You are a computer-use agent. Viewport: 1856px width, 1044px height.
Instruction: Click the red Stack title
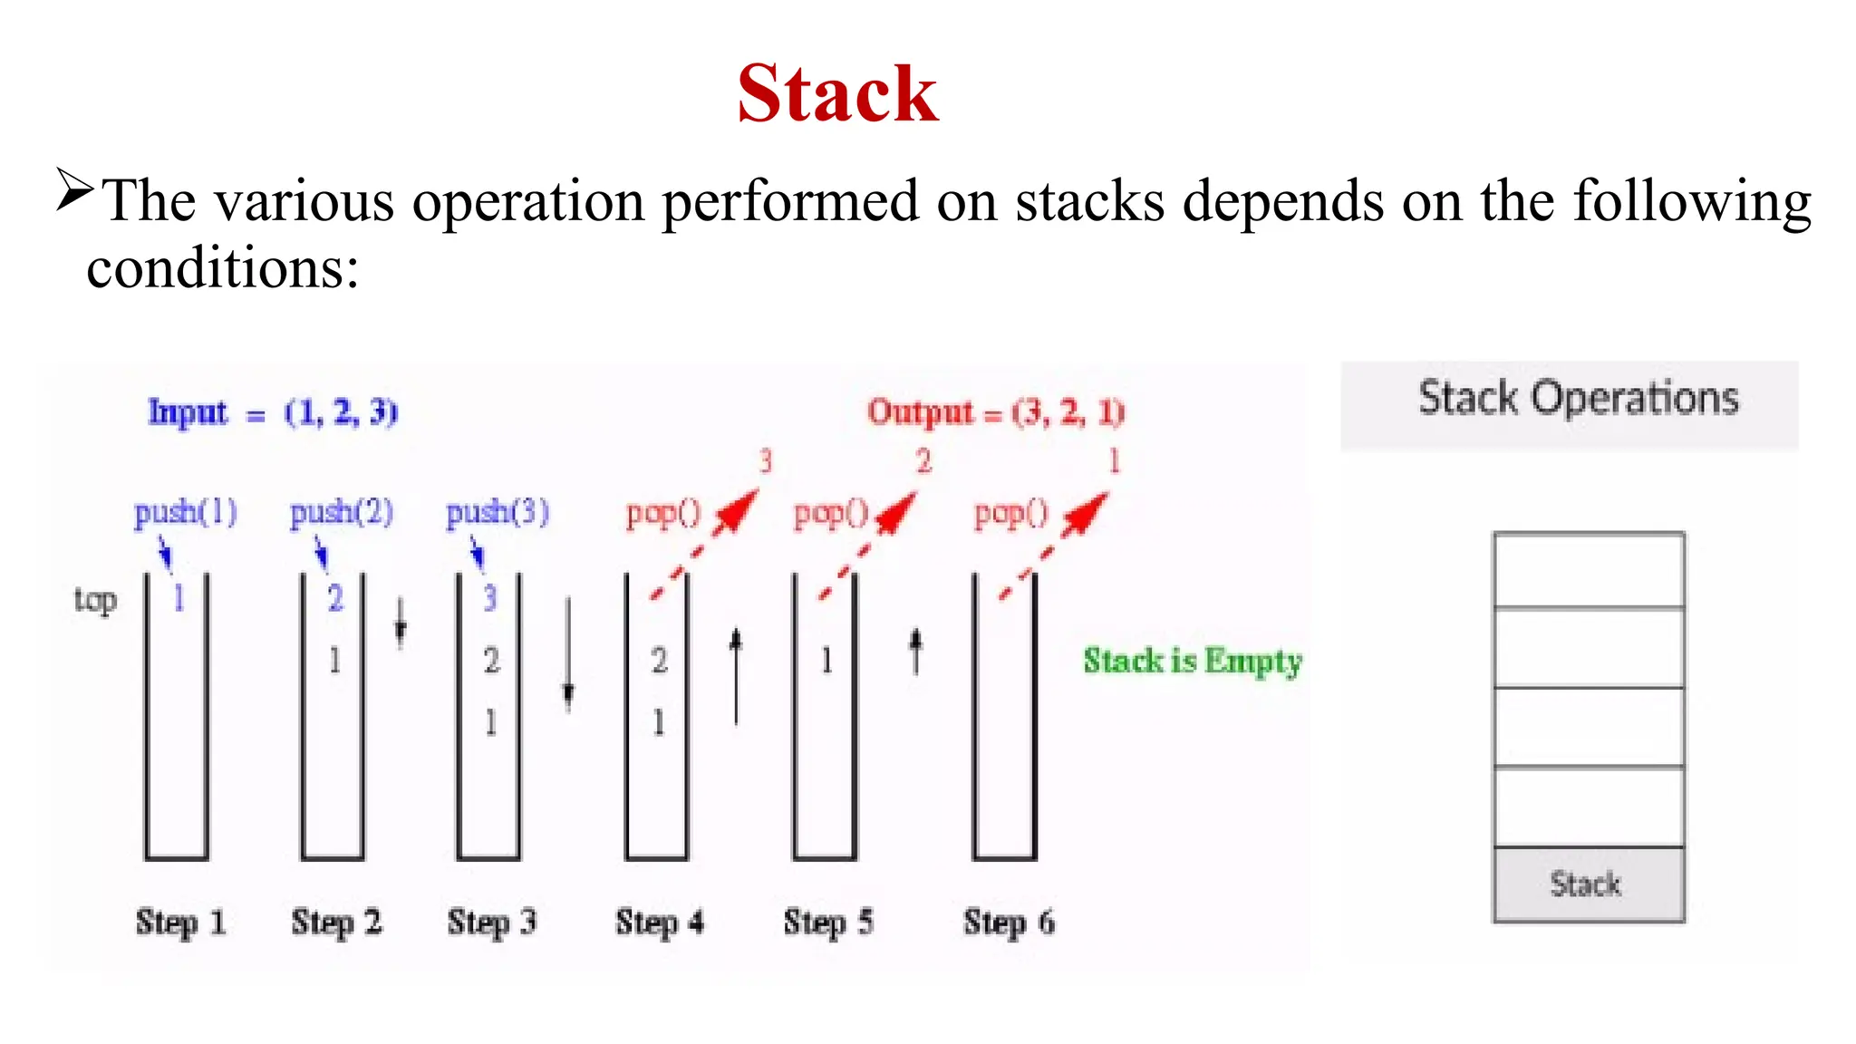[x=837, y=94]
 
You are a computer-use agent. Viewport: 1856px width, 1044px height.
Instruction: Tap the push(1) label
[x=186, y=513]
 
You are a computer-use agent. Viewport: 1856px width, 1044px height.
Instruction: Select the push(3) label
[x=498, y=513]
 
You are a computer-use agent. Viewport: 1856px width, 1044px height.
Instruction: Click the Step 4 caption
[x=660, y=923]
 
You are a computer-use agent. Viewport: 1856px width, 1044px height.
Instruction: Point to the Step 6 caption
[x=1009, y=923]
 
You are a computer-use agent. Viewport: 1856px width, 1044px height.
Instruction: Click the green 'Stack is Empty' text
[x=1193, y=661]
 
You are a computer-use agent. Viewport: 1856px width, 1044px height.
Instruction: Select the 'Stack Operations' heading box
[x=1570, y=405]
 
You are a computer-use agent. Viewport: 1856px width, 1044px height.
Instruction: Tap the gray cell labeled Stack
[x=1589, y=884]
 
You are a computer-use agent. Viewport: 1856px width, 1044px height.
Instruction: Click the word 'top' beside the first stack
[x=95, y=600]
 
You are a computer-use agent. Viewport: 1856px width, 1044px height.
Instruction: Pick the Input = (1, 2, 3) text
[x=273, y=412]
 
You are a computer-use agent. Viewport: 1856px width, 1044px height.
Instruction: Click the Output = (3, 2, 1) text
[x=996, y=412]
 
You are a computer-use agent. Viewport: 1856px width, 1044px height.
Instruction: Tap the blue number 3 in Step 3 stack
[x=490, y=598]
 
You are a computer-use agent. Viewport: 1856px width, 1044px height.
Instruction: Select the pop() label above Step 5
[x=831, y=514]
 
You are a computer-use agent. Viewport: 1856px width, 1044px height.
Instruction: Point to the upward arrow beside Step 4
[x=736, y=676]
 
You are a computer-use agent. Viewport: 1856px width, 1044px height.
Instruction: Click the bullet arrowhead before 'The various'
[x=74, y=189]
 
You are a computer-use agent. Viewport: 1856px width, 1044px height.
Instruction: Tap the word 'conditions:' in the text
[x=223, y=268]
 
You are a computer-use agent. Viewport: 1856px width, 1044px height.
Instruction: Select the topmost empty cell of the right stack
[x=1589, y=570]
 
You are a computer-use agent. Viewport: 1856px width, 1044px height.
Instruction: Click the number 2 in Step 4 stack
[x=659, y=661]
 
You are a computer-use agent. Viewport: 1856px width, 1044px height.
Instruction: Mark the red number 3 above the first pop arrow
[x=766, y=461]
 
